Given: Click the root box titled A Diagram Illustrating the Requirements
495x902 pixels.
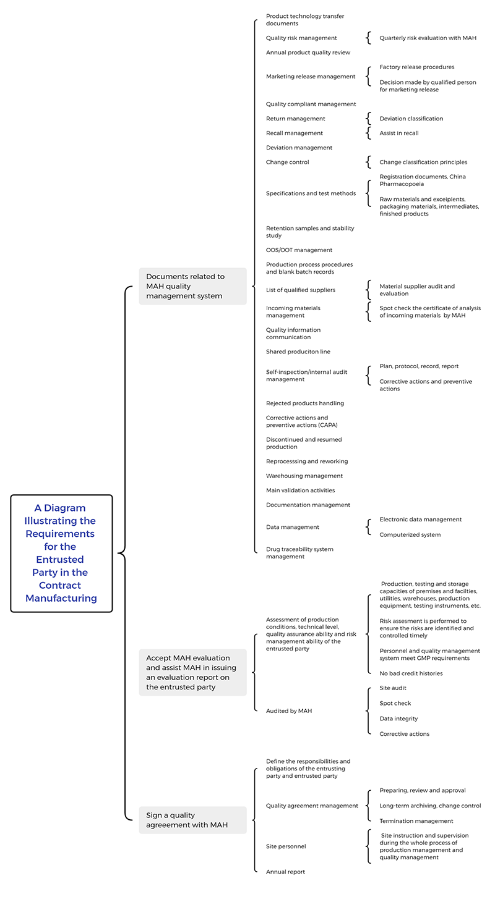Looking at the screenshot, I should coord(61,553).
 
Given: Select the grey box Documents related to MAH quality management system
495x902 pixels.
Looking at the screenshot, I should coord(192,286).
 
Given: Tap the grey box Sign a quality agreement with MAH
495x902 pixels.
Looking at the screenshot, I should coord(192,820).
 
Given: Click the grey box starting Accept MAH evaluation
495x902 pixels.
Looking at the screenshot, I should coord(192,672).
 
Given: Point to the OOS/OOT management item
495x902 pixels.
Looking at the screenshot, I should coord(299,250).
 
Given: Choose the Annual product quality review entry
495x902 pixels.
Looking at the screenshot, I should coord(308,53).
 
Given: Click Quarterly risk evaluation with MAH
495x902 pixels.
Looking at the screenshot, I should coord(428,38).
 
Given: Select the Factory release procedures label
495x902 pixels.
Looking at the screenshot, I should coord(416,67).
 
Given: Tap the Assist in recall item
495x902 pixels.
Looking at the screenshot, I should coord(399,133).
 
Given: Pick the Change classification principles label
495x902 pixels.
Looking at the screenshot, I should coord(423,162).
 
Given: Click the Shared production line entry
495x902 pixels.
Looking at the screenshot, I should coord(298,352).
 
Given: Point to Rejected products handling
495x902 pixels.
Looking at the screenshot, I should coord(305,403).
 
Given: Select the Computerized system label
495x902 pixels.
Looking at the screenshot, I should coord(410,535).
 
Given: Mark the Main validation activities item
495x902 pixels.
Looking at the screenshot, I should coord(300,491).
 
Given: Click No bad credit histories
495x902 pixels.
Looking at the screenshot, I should coord(411,673).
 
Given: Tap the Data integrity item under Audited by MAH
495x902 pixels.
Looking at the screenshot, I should coord(398,719).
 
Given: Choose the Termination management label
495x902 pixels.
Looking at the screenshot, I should coord(416,821).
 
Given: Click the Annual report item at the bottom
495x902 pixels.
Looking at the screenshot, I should coord(285,872).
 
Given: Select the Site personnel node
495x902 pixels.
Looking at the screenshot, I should coord(286,846).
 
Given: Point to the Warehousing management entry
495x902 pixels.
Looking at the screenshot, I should coord(304,476).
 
